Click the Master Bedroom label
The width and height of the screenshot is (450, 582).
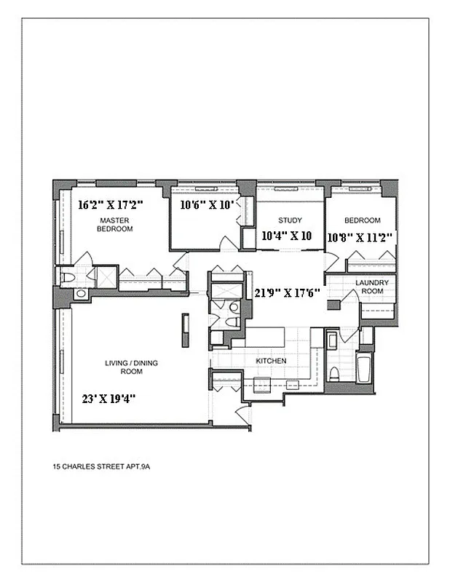tap(116, 224)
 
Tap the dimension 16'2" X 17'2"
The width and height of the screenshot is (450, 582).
tap(110, 204)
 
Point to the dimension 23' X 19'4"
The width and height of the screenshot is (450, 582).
tap(109, 398)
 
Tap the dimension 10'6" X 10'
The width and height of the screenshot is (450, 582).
tap(207, 204)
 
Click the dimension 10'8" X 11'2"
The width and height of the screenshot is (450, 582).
tap(361, 236)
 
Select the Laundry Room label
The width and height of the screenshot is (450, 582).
tap(371, 286)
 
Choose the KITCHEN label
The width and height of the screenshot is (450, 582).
tap(271, 361)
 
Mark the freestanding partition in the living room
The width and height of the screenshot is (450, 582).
tap(185, 331)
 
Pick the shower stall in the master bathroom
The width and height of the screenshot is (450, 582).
tap(106, 276)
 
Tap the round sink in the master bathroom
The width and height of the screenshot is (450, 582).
tap(80, 293)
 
